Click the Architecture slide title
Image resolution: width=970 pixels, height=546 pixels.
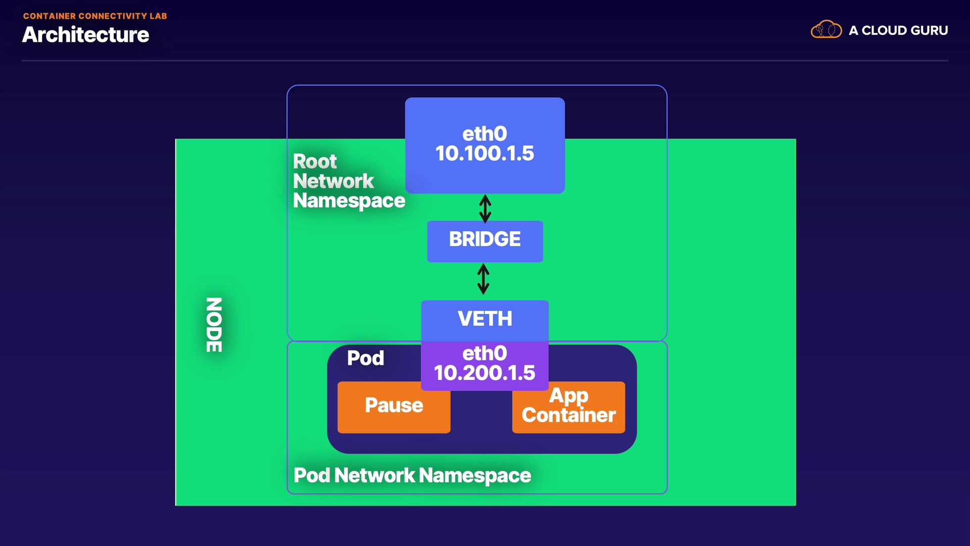tap(85, 35)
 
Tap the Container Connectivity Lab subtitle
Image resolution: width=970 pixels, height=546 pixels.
tap(95, 16)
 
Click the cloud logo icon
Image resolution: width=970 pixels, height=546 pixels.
tap(826, 30)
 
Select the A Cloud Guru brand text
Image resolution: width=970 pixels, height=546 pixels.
tap(898, 30)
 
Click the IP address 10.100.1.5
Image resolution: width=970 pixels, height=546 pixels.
tap(484, 154)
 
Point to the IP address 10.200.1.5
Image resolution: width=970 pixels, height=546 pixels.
tap(484, 373)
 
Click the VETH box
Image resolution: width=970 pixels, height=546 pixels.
tap(485, 319)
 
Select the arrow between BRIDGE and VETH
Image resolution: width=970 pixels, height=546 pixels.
tap(483, 279)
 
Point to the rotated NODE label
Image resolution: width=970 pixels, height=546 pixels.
tap(214, 325)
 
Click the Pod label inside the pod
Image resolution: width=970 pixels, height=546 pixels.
tap(365, 358)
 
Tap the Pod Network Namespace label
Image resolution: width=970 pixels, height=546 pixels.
tap(412, 475)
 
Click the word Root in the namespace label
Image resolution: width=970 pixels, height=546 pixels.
tap(315, 161)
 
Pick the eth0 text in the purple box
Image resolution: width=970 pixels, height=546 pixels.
tap(484, 353)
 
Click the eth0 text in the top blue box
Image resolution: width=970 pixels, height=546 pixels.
tap(484, 134)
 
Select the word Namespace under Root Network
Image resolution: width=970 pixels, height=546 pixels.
tap(349, 201)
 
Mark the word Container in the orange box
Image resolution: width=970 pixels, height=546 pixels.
tap(568, 416)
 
